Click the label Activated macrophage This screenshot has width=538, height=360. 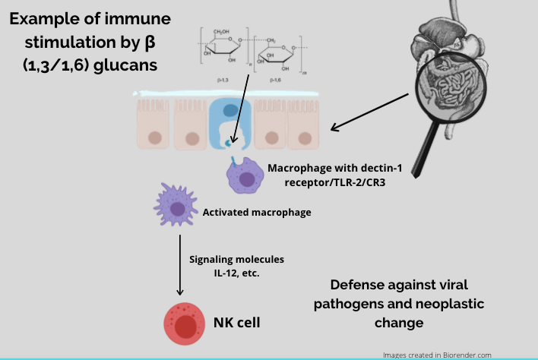[257, 213]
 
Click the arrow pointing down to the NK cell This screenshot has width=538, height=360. [180, 266]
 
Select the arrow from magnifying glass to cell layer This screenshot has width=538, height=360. [371, 113]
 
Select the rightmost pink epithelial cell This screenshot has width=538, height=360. [305, 122]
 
